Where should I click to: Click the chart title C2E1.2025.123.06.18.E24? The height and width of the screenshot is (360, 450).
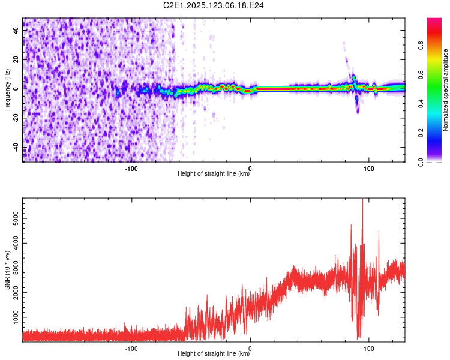[x=214, y=5]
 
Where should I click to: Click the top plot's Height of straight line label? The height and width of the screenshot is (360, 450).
[x=214, y=174]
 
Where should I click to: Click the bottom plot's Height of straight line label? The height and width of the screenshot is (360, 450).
[x=214, y=354]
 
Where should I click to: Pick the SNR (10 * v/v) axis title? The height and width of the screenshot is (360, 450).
[x=7, y=270]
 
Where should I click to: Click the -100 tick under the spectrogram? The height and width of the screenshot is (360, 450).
[x=132, y=168]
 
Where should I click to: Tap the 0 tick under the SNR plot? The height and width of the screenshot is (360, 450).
[x=250, y=348]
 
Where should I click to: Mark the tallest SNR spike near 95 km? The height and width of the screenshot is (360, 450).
[x=362, y=200]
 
